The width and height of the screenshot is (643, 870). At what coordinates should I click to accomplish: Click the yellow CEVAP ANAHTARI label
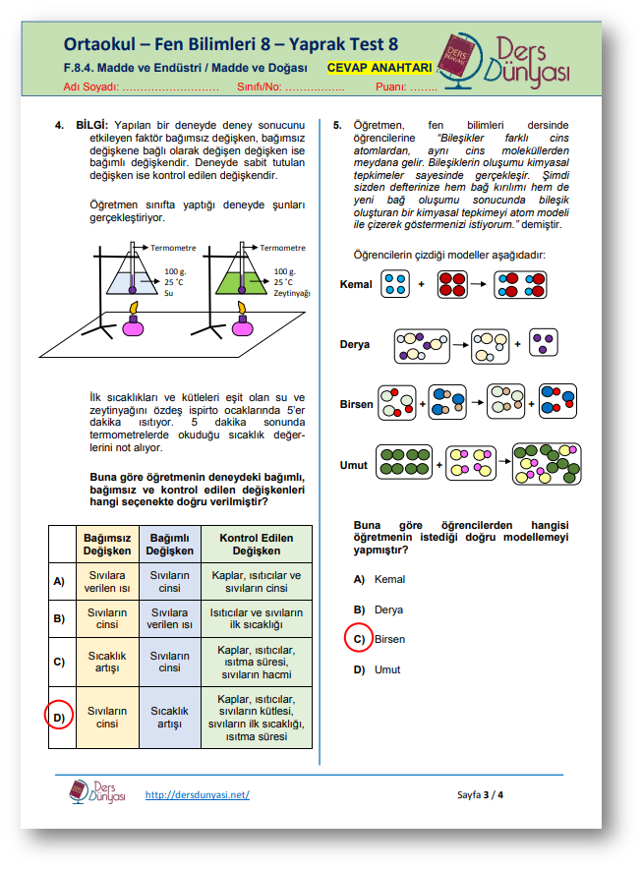click(380, 67)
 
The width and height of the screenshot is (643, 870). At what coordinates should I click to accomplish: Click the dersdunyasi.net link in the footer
click(197, 794)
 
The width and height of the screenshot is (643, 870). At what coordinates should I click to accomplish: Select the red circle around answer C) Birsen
click(358, 639)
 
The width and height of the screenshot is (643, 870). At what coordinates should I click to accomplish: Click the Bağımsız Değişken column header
click(107, 545)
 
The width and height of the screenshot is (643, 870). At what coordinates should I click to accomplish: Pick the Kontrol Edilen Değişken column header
click(257, 545)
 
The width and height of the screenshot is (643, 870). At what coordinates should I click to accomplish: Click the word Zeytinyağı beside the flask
click(292, 293)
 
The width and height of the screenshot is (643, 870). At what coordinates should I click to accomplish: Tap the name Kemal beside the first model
click(356, 285)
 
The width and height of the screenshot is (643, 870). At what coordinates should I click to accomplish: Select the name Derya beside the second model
click(355, 345)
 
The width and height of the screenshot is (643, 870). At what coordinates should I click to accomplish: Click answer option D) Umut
click(379, 669)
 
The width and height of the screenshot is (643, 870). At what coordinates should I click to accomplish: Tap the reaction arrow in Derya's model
click(460, 345)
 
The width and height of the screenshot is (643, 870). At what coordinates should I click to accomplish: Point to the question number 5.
click(336, 125)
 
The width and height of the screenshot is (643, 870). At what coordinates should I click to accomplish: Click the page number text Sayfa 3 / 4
click(481, 794)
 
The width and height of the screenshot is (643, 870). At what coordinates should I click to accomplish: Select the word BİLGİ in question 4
click(92, 125)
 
